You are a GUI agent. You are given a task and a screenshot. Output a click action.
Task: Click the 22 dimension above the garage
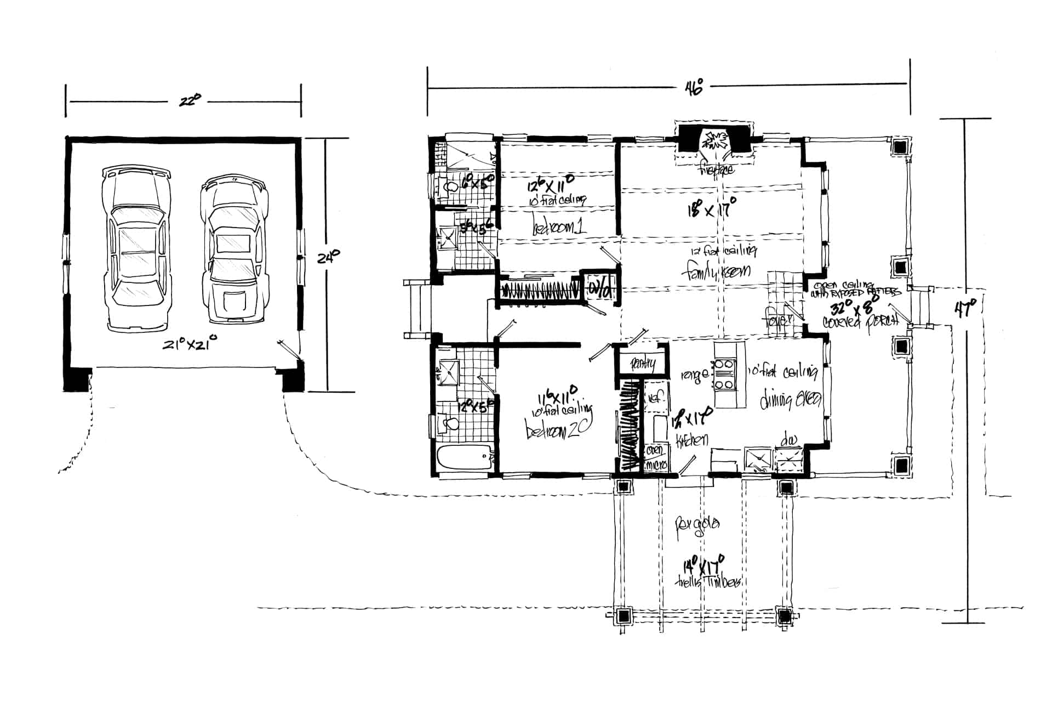(x=188, y=101)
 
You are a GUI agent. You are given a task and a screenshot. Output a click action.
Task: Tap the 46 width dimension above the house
(x=693, y=88)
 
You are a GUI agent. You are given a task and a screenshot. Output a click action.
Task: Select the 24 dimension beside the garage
(x=329, y=256)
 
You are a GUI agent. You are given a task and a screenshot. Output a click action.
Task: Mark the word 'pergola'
(x=697, y=524)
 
